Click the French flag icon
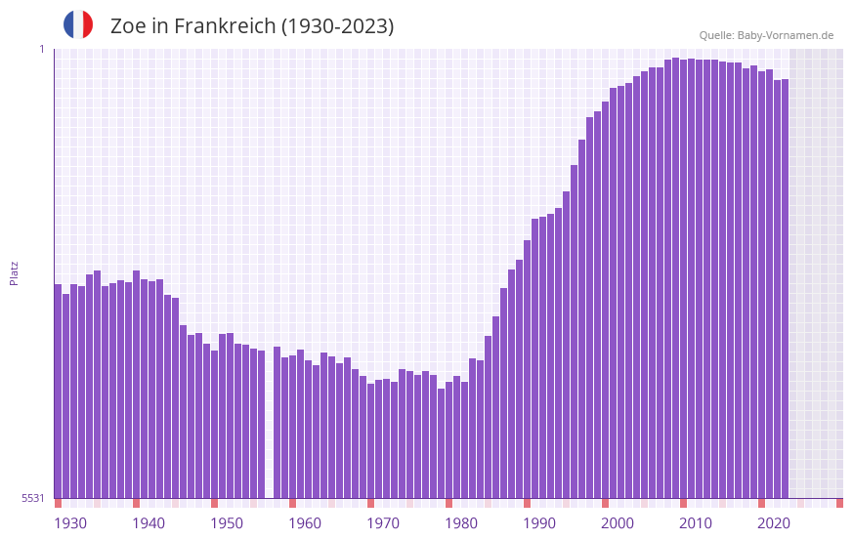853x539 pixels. (x=78, y=24)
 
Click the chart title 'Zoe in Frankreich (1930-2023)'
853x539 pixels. (x=252, y=26)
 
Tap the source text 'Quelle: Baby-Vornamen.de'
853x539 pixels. (x=766, y=35)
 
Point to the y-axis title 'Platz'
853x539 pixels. (x=14, y=272)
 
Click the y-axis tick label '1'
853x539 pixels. (x=41, y=49)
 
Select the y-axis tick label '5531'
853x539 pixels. (x=33, y=498)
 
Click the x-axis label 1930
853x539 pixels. (x=70, y=523)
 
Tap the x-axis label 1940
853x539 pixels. (x=149, y=523)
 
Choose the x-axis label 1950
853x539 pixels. (x=227, y=523)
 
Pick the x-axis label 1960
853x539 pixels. (x=305, y=523)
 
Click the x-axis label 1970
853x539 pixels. (x=383, y=523)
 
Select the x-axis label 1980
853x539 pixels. (x=461, y=523)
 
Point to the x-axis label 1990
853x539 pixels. (x=539, y=523)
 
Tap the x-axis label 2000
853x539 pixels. (x=618, y=523)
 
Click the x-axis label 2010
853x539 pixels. (x=696, y=523)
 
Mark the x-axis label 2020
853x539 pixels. (x=774, y=523)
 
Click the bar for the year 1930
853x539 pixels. (x=58, y=391)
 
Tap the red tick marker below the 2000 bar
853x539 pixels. (x=605, y=503)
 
